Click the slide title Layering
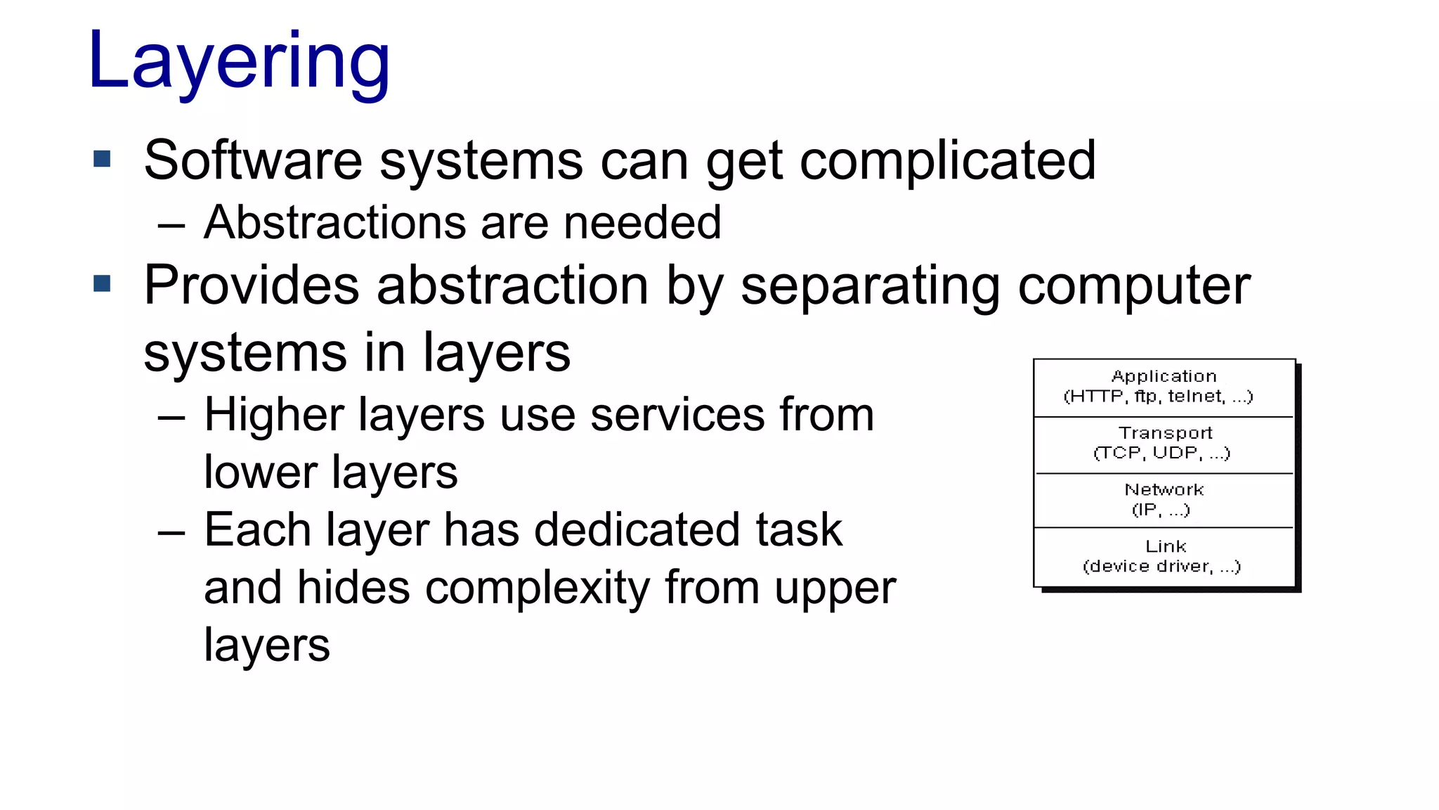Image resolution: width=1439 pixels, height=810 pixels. tap(239, 63)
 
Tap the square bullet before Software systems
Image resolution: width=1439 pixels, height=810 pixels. tap(102, 159)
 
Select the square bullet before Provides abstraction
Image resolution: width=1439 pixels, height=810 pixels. tap(102, 283)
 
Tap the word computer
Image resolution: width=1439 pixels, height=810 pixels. tap(1134, 286)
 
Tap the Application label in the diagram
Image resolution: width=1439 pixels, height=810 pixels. tap(1164, 377)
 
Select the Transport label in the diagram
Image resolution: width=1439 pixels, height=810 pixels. tap(1165, 433)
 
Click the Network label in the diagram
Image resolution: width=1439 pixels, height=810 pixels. tap(1164, 489)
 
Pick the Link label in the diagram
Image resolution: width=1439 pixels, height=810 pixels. tap(1165, 546)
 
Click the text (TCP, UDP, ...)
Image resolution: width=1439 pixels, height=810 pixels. tap(1161, 454)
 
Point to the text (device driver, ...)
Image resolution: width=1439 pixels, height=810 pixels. tap(1161, 567)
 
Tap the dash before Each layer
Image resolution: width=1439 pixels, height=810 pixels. tap(171, 532)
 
